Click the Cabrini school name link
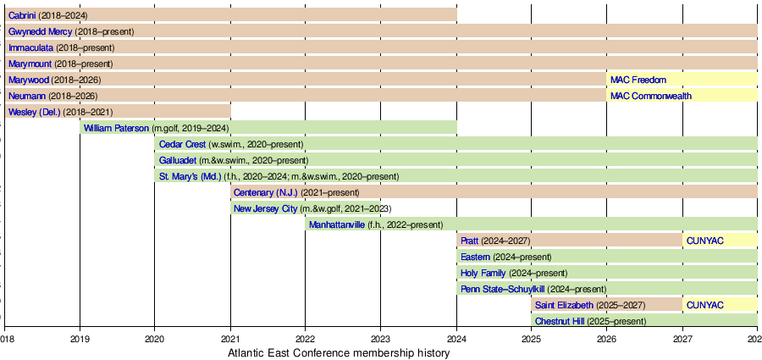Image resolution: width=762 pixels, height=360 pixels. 22,15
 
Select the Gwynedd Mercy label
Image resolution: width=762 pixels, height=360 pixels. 41,31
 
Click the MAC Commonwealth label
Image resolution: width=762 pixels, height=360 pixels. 651,96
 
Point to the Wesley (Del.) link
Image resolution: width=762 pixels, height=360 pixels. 35,112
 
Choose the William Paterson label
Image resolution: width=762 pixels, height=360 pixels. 116,128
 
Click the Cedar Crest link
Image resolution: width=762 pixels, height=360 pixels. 182,144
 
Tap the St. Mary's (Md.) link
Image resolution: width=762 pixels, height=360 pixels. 190,176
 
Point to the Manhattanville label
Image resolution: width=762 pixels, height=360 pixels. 337,224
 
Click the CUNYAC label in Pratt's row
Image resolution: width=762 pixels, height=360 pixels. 705,241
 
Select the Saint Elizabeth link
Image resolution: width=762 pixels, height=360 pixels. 564,305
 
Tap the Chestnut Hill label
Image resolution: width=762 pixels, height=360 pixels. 560,321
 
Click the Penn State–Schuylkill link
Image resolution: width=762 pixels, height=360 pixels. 502,289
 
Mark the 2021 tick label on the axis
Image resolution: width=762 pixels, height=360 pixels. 230,336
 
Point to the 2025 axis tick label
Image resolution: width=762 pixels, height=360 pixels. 531,336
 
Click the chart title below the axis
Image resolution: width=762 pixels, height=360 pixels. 339,352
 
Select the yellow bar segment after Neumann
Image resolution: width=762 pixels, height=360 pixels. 682,96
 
